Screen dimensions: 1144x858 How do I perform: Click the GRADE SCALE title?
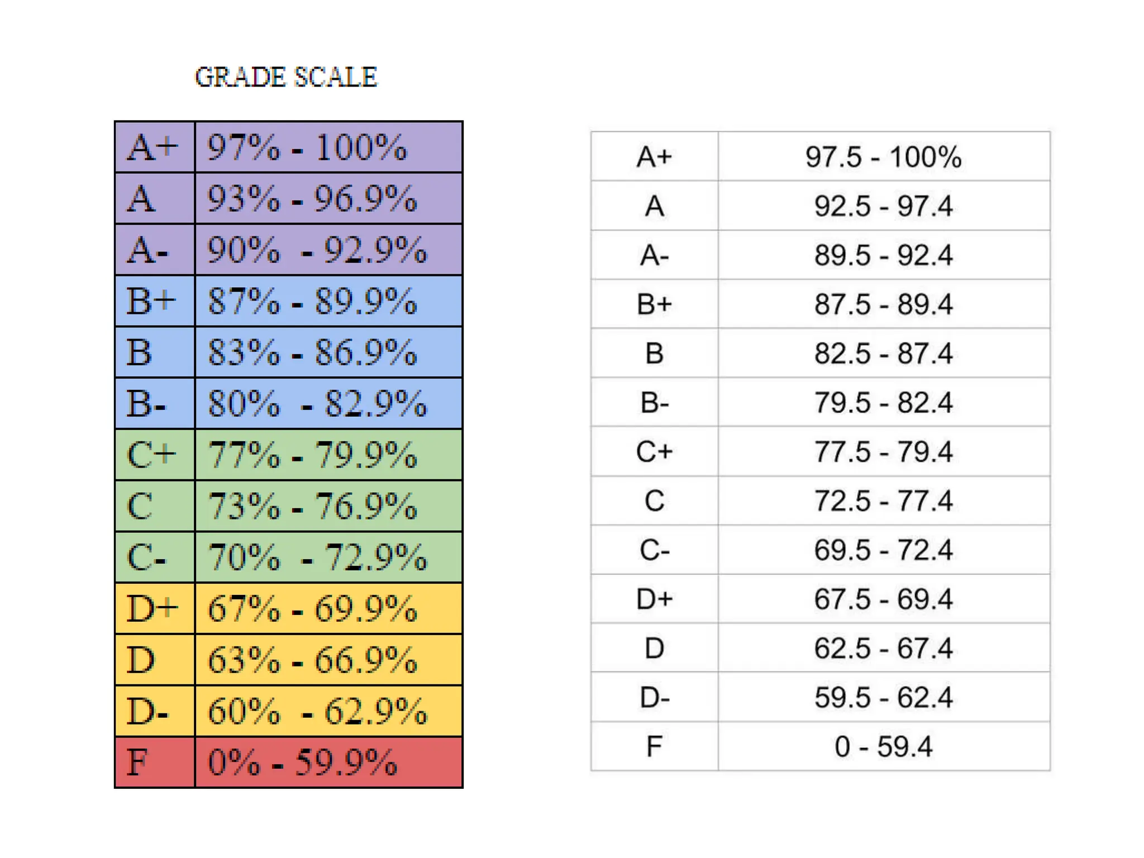(x=286, y=77)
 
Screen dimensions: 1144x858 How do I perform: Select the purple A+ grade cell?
(x=155, y=147)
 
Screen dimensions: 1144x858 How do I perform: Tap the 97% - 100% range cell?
(x=329, y=147)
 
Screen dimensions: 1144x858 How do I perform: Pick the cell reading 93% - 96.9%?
(x=329, y=198)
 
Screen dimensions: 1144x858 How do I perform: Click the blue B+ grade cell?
(x=155, y=301)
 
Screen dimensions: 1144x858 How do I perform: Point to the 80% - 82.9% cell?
(x=329, y=403)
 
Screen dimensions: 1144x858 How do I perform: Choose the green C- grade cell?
(x=155, y=557)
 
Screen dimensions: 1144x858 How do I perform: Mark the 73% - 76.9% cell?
(x=329, y=506)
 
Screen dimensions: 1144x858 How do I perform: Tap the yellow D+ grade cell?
(x=155, y=608)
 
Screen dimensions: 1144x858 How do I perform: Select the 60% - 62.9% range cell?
(x=329, y=711)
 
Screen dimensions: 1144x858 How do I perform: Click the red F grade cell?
(x=155, y=762)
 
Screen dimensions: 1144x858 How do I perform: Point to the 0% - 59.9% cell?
(x=329, y=762)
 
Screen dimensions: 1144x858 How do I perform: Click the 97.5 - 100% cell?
(x=884, y=156)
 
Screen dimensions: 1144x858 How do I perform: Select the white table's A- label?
(x=655, y=255)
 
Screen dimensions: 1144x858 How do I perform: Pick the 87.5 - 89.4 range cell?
(x=884, y=304)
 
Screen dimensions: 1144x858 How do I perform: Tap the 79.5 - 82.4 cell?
(x=884, y=402)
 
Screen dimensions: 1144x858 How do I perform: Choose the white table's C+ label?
(x=655, y=451)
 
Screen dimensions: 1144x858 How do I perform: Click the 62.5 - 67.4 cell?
(x=884, y=648)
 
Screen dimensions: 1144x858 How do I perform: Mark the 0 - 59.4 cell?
(x=884, y=746)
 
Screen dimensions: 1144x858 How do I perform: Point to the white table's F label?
(x=655, y=746)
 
